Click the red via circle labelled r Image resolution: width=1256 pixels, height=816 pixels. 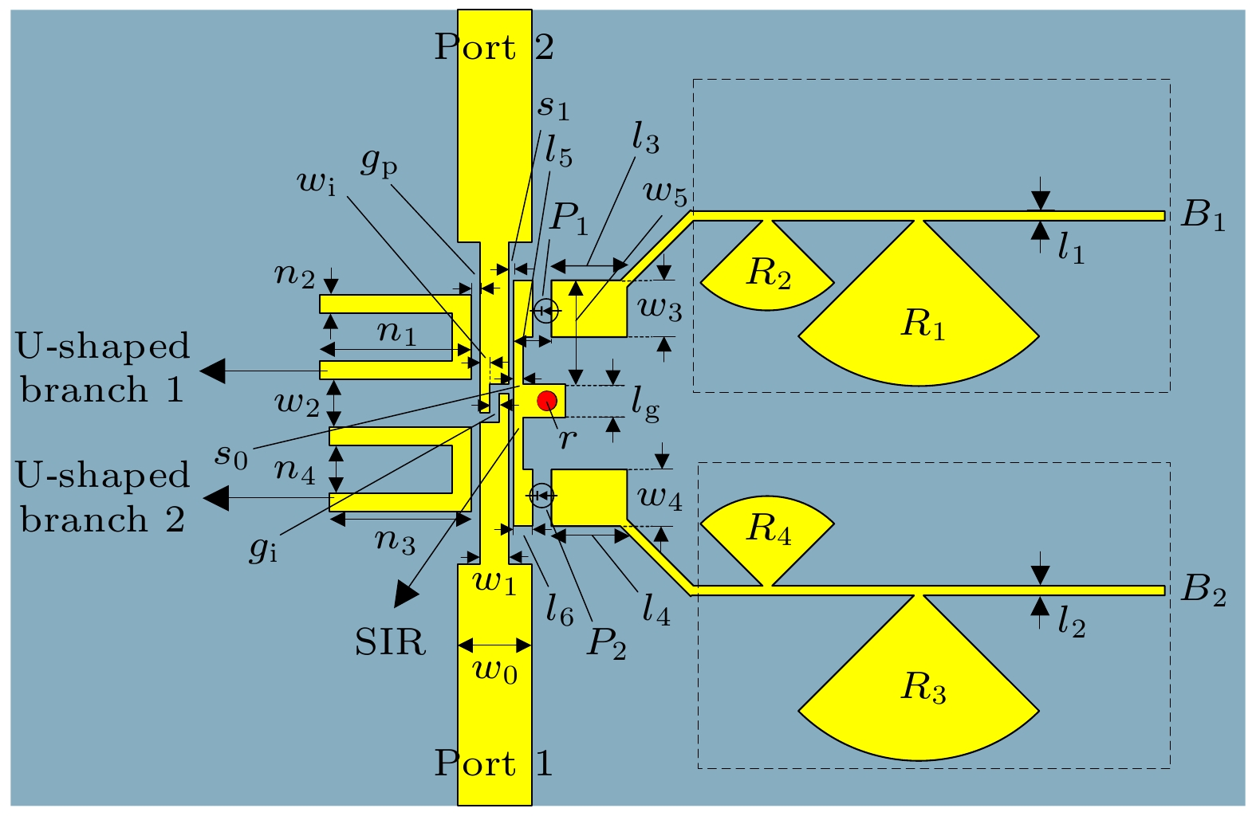[x=547, y=401]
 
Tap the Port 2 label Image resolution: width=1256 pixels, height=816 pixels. [x=494, y=48]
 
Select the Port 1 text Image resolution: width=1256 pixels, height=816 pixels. [x=493, y=763]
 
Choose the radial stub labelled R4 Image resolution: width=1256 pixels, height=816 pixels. [x=767, y=530]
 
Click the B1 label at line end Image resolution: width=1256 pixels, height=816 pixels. [x=1203, y=215]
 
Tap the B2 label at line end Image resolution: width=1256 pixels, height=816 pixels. [x=1203, y=590]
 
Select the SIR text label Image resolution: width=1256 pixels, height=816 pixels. [x=390, y=641]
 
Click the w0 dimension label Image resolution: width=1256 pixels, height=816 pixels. [x=495, y=670]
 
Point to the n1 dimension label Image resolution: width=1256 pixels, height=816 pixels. [x=396, y=331]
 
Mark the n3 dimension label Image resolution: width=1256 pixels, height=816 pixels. [x=396, y=541]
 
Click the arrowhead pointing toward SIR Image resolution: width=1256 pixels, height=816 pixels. [x=407, y=594]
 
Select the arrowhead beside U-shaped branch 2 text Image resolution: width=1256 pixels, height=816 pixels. [x=215, y=499]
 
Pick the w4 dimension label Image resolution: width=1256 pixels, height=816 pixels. [x=659, y=499]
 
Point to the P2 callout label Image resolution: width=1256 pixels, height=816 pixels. [x=606, y=642]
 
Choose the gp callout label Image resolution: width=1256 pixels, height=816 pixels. [x=379, y=162]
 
